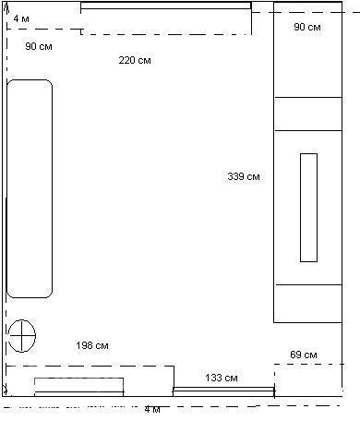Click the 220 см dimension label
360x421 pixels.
pos(135,60)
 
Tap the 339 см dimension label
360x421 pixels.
pos(244,176)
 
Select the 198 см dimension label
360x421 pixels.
pos(92,345)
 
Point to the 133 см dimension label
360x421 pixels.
pos(222,378)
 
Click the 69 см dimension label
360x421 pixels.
pos(304,355)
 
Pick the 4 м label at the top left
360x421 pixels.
pos(21,18)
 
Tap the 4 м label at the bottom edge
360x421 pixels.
pos(152,410)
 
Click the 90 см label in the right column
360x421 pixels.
pos(307,27)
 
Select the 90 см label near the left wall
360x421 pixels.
pos(39,46)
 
